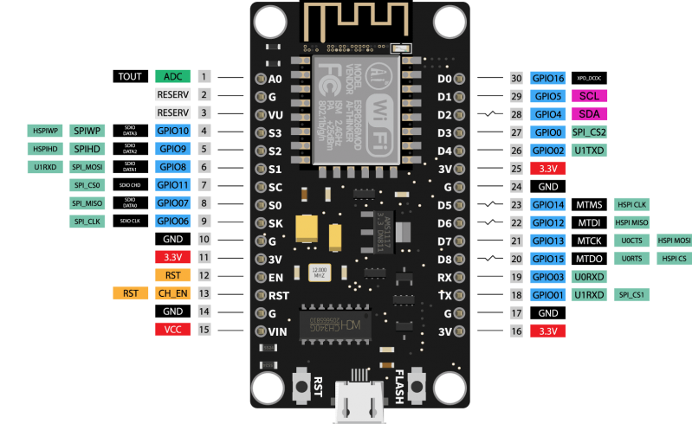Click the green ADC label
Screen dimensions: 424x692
(172, 76)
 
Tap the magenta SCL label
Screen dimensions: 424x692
(589, 95)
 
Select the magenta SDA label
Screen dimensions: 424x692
(589, 113)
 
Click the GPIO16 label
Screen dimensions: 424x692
(547, 77)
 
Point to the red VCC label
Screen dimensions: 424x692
(172, 329)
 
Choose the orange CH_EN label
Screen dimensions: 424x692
(172, 293)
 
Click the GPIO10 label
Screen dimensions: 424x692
(172, 131)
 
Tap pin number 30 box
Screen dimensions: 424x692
(516, 77)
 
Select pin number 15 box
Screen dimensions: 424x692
(204, 329)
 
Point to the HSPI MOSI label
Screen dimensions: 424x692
(674, 240)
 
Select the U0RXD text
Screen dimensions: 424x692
(589, 277)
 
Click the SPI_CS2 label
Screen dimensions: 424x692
(589, 132)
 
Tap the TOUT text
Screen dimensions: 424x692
(130, 76)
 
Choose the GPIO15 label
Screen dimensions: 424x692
(547, 259)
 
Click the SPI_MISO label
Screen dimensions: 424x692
(87, 203)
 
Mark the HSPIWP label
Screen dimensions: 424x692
(45, 131)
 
